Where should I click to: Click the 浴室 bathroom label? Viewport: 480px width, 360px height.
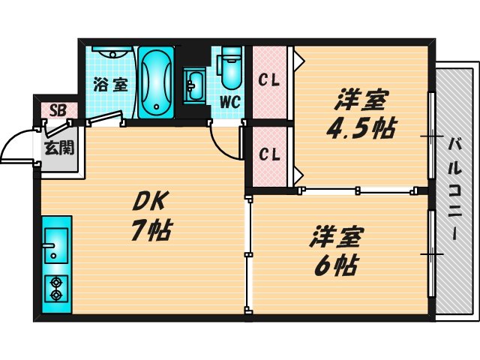(x=110, y=85)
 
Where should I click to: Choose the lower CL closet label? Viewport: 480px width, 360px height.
(x=269, y=155)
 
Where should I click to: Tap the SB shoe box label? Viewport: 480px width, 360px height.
(x=58, y=111)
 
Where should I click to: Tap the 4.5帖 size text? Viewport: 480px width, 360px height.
(x=361, y=128)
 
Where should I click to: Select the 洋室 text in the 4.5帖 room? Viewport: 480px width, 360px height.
(x=361, y=99)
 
